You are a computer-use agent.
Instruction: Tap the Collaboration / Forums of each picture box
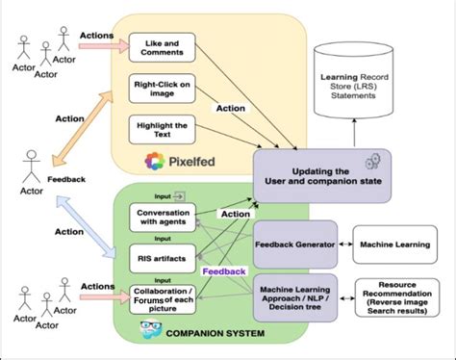click(161, 297)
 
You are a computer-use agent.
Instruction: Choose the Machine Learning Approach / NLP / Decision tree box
click(294, 293)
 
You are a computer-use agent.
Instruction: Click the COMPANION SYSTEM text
click(215, 334)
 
